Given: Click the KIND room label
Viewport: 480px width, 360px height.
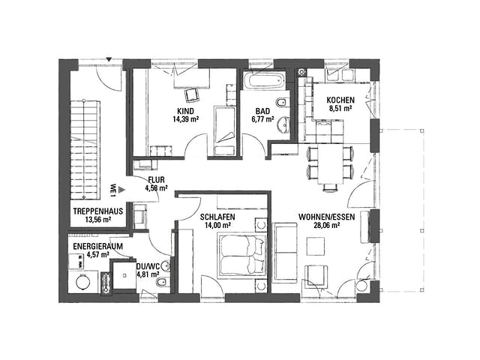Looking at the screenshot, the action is pos(185,111).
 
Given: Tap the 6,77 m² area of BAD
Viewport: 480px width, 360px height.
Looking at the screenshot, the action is pos(262,119).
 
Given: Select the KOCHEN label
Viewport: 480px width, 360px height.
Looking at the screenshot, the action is pos(340,100).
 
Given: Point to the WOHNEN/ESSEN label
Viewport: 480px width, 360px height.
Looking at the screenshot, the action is pos(327,217).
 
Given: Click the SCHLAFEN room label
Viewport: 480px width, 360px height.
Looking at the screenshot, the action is pos(217,217).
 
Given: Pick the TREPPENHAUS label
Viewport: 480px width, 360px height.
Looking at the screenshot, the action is pos(98,211).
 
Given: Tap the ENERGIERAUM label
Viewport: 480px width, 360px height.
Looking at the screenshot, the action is pos(98,247).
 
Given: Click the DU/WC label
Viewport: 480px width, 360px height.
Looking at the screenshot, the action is pos(148,266).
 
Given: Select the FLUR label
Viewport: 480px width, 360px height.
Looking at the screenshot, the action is pos(156,180).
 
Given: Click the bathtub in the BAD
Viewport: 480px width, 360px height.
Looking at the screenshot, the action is pos(265,81).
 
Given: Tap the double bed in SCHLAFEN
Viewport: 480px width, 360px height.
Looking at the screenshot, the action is pos(241,256).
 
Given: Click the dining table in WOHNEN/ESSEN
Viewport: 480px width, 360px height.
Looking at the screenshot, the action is pos(331,164).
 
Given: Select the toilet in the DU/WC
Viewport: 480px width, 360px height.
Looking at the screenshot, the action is pos(162,283).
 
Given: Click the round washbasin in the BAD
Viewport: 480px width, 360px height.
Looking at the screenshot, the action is pos(284,124).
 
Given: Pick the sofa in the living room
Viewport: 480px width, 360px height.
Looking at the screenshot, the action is pos(285,253).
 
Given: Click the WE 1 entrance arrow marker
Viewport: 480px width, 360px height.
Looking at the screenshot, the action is pos(122,190).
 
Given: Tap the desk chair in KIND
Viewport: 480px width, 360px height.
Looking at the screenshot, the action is pos(193,95).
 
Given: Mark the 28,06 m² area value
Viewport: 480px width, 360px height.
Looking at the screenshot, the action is pos(327,226).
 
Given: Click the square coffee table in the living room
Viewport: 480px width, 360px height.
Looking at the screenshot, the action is pos(316,247).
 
